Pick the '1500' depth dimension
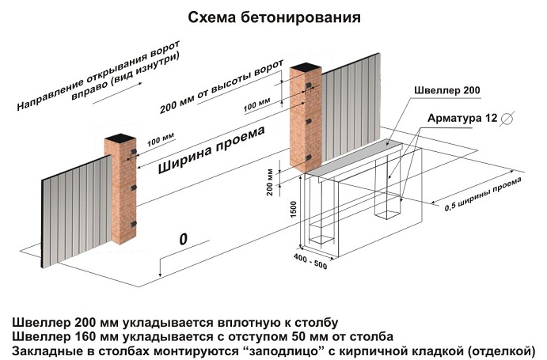coord(293,207)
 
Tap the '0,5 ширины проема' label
coord(484,195)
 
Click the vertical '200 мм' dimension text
coord(271,182)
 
